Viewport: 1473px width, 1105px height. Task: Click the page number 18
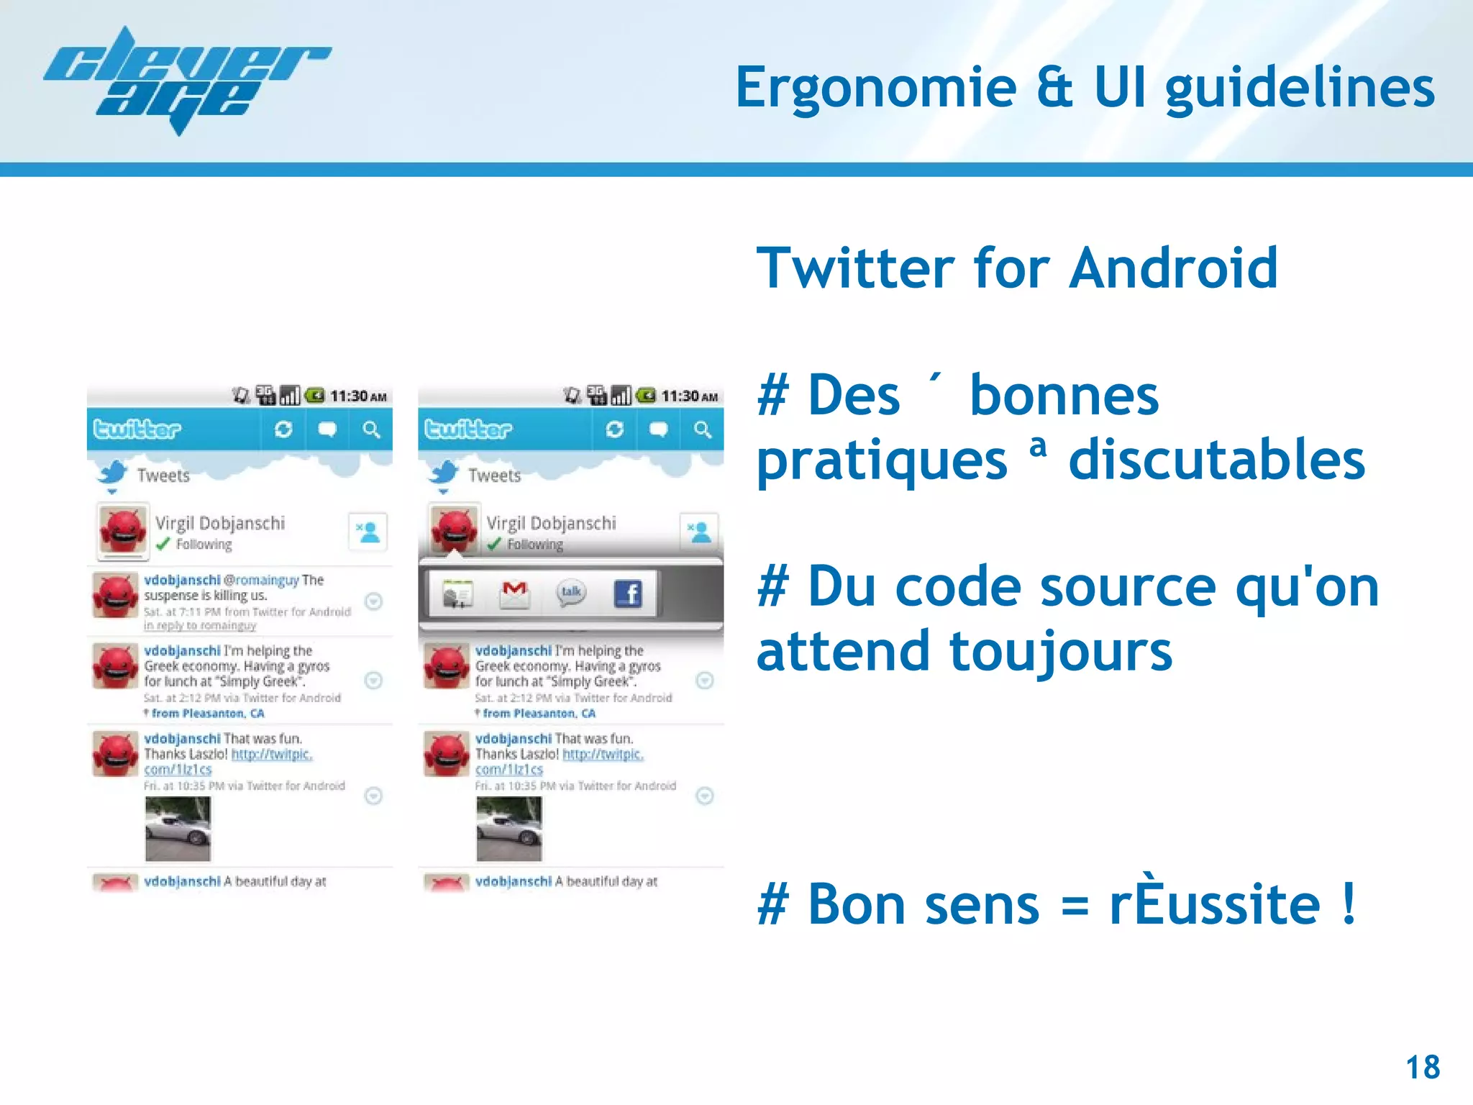(1422, 1067)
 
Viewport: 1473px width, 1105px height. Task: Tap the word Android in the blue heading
(1173, 268)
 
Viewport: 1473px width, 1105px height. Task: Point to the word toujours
(1061, 651)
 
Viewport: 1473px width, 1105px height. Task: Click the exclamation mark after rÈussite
(1348, 904)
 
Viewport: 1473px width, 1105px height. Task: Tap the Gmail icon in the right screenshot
(514, 594)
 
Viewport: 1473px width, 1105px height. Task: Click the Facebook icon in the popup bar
(628, 594)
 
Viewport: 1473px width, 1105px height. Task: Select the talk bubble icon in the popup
(571, 593)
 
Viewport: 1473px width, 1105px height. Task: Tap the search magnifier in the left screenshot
(371, 429)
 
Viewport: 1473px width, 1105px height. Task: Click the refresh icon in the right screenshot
(614, 429)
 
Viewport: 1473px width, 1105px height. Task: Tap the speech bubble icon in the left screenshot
(327, 429)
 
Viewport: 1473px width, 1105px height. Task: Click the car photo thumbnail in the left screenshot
(178, 828)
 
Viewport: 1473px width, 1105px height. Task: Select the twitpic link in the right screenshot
(602, 754)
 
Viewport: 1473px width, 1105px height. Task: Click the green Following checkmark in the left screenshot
(163, 544)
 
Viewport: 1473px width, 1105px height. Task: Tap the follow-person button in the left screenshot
(368, 532)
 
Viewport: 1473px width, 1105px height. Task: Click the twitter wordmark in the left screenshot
(137, 429)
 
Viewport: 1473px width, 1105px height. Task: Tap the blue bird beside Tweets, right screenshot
(444, 474)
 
